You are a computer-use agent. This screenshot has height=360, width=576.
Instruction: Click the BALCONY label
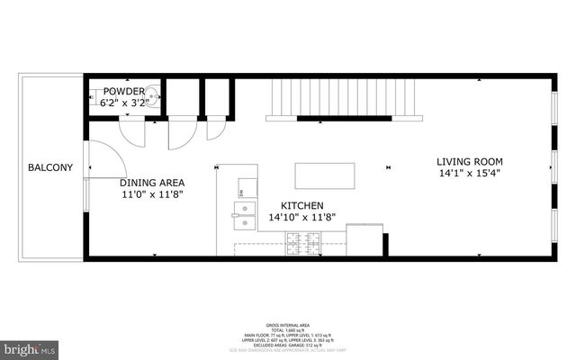[x=44, y=168]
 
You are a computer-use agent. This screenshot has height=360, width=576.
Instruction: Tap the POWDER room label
[x=122, y=92]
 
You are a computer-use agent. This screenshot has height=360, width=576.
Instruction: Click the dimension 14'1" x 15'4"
[x=469, y=173]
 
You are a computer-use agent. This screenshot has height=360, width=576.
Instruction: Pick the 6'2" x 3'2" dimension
[x=122, y=103]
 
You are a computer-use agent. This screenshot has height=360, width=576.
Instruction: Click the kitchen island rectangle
[x=325, y=173]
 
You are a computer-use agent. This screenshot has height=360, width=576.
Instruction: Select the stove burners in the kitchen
[x=303, y=240]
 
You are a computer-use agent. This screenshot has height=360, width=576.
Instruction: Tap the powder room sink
[x=154, y=93]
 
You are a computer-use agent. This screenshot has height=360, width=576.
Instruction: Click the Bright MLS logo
[x=31, y=347]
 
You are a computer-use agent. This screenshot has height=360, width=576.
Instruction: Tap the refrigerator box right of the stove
[x=365, y=238]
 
